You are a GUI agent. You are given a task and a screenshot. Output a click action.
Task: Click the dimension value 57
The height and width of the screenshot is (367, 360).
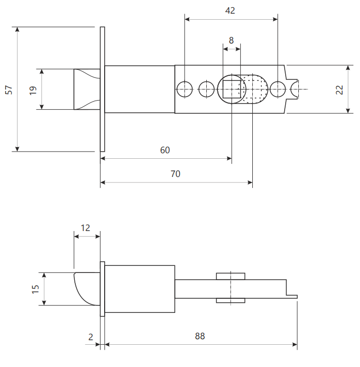point(9,90)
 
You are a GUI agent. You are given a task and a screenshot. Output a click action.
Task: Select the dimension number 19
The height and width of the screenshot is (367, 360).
point(33,90)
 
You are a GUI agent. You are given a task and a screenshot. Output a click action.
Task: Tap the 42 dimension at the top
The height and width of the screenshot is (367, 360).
point(230,11)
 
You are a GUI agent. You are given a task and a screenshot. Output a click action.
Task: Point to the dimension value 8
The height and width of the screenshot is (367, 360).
point(231,40)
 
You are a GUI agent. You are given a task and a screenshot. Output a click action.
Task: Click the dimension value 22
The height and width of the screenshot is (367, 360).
point(339,90)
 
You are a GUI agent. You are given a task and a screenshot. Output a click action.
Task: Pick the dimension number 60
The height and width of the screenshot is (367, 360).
point(165,150)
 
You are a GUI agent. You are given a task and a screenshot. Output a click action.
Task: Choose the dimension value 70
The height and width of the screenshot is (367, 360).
point(175,174)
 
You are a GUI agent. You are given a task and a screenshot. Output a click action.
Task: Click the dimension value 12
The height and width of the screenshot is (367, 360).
point(85,228)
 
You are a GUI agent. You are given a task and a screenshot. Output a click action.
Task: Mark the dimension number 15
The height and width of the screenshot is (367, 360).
point(35,289)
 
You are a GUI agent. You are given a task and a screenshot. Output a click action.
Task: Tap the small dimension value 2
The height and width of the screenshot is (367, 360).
point(91,337)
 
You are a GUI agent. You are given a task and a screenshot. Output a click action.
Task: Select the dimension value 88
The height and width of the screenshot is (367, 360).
point(200,336)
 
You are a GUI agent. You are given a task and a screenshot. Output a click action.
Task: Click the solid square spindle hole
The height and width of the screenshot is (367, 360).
point(232,89)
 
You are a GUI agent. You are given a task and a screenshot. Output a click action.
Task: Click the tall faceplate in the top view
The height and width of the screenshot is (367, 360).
point(102,89)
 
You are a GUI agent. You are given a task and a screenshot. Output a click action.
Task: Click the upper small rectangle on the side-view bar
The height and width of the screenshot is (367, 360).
point(231,276)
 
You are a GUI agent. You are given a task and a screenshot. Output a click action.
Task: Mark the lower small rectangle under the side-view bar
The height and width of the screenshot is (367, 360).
point(231,301)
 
